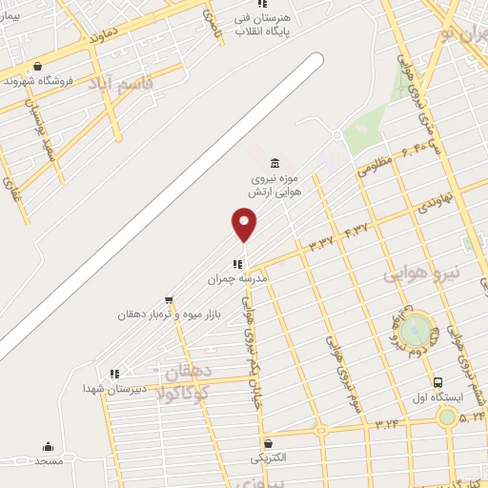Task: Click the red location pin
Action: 244,222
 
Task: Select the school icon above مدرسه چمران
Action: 237,264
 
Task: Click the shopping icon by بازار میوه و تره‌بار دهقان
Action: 169,300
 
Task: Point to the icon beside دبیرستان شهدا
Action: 113,374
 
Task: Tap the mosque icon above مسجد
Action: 48,446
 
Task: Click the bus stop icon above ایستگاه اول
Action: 436,383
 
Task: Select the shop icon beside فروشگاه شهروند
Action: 36,66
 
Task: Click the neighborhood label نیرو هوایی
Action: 420,274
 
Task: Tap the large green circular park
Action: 415,332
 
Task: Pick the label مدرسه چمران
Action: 239,278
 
